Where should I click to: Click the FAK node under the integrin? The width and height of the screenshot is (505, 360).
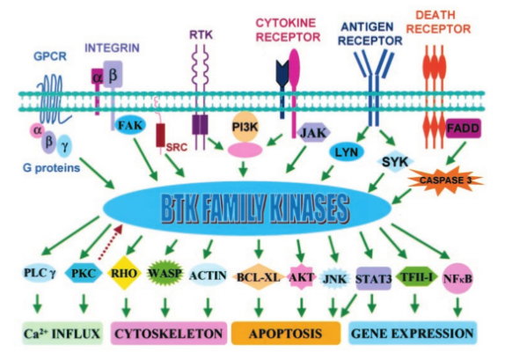(x=130, y=125)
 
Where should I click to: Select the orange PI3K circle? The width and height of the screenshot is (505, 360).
(x=245, y=127)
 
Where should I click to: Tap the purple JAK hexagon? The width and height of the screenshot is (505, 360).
(x=313, y=133)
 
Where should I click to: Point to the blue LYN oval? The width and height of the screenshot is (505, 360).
(x=347, y=152)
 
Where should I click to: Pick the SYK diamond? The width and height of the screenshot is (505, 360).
(x=395, y=161)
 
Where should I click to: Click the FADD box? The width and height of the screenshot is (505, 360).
(x=464, y=129)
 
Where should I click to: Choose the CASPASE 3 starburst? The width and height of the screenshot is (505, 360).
(x=445, y=180)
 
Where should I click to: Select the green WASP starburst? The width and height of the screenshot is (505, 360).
(x=165, y=274)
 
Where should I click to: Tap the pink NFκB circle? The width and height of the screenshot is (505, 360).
(x=457, y=278)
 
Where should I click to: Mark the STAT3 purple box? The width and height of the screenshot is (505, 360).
(x=373, y=278)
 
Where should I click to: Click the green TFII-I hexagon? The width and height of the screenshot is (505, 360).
(x=416, y=276)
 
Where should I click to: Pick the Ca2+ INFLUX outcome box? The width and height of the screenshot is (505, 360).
(x=62, y=334)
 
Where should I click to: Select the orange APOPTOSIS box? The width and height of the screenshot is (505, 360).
(x=286, y=334)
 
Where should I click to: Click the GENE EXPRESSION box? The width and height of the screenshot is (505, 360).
(x=413, y=334)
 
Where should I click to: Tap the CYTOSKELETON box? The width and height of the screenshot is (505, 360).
(x=168, y=334)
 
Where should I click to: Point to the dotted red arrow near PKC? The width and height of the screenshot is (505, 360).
(x=110, y=242)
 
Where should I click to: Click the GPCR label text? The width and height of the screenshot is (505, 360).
(x=50, y=56)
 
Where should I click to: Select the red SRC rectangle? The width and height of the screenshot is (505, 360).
(x=160, y=135)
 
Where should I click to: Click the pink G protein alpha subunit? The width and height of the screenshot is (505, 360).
(x=38, y=130)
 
